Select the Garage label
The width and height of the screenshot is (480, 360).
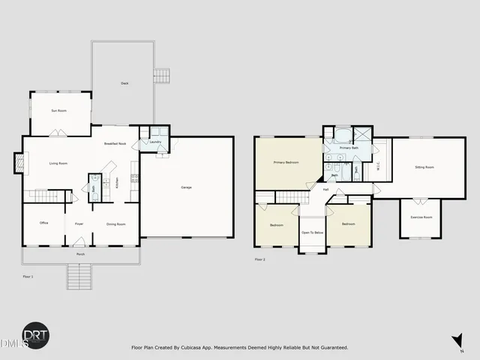click(185, 187)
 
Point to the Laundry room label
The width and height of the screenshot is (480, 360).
click(155, 142)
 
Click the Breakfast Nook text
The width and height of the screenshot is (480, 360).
click(114, 142)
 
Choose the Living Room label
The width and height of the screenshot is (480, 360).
click(58, 163)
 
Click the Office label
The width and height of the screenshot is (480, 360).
click(44, 223)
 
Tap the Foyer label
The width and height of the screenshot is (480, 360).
click(79, 223)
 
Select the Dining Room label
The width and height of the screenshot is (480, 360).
click(115, 223)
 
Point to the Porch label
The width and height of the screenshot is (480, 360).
click(80, 254)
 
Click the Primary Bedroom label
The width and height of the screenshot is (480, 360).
click(287, 162)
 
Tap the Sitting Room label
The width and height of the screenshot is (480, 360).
click(424, 167)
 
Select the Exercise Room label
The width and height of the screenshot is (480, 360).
click(421, 217)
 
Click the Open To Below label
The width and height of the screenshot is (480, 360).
click(313, 232)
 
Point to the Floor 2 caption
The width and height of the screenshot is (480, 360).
click(259, 259)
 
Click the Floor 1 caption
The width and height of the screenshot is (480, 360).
click(28, 277)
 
